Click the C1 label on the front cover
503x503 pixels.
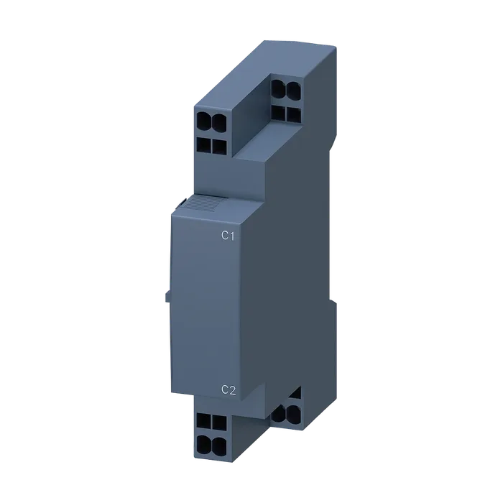pyautogui.click(x=228, y=236)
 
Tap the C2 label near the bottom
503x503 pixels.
pyautogui.click(x=229, y=389)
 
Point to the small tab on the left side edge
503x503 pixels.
pyautogui.click(x=167, y=297)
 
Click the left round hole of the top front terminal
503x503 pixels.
pyautogui.click(x=204, y=122)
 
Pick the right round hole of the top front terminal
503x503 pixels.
pyautogui.click(x=218, y=122)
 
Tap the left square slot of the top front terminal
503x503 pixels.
pyautogui.click(x=204, y=145)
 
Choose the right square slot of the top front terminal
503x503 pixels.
pyautogui.click(x=219, y=147)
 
